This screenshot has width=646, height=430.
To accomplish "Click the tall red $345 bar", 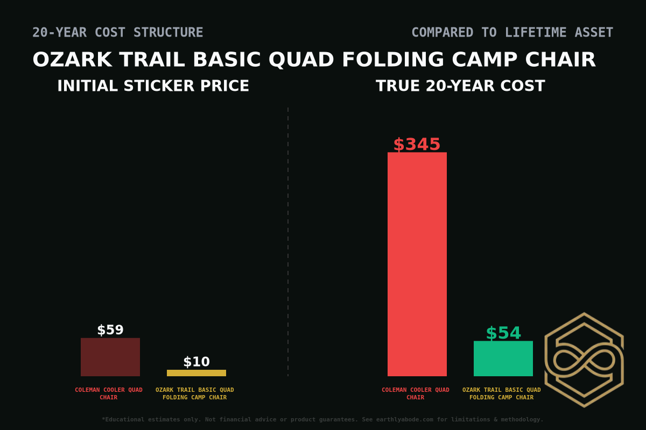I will pos(417,264).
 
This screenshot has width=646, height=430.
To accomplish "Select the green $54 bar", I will pos(503,359).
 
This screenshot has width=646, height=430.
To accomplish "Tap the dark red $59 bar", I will pos(110,357).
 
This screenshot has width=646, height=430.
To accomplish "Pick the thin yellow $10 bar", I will pos(196,373).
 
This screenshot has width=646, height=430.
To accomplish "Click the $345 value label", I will pos(417,145).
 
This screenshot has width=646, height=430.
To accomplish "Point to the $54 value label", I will pos(503,333).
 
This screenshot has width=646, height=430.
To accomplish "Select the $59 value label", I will pos(110,330).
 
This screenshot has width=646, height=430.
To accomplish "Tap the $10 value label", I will pos(196,362).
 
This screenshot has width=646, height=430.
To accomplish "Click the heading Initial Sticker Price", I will pos(153,86).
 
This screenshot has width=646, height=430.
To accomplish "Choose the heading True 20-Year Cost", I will pos(460,86).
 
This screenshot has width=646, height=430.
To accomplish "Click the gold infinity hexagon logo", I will pos(584,360).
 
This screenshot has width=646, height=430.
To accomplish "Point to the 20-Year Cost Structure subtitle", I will pos(117,32).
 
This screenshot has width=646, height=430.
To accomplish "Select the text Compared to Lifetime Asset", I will pos(512,32).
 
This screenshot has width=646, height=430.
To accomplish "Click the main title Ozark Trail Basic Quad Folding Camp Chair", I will pos(314,60).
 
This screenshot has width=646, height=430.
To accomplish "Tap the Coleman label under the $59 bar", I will pos(109,393).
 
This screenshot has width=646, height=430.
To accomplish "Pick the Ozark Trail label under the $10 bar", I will pos(195,393).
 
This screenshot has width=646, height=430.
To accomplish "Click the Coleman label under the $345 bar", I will pos(416,393).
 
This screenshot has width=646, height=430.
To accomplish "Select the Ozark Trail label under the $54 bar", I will pos(502,393).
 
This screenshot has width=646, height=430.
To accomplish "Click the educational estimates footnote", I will pos(322,419).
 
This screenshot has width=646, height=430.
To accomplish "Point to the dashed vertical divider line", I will pos(288,242).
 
